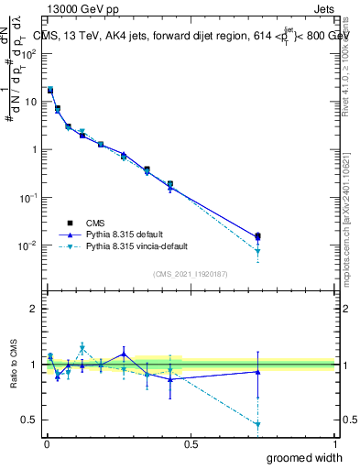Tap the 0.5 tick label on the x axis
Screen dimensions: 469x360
(x=191, y=443)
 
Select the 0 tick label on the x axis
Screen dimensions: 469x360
(x=47, y=443)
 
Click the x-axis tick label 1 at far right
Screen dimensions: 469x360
(x=334, y=443)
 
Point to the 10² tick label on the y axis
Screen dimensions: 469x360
(x=29, y=53)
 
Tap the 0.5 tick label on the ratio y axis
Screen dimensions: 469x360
(x=29, y=420)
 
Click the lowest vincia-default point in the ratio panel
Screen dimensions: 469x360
(x=258, y=425)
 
